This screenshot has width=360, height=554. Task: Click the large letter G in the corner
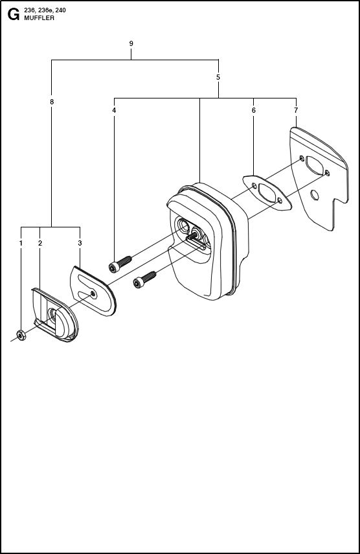[x=14, y=14]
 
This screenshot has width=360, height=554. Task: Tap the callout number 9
[x=131, y=44]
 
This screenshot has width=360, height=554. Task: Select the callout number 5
[x=218, y=77]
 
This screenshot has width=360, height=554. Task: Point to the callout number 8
[x=52, y=102]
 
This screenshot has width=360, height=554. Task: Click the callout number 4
[x=114, y=110]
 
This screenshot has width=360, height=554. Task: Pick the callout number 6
[x=253, y=110]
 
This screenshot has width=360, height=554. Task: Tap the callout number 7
[x=296, y=110]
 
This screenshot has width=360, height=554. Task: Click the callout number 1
[x=21, y=243]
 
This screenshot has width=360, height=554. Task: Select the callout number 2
[x=40, y=243]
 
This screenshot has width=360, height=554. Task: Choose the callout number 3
[x=80, y=243]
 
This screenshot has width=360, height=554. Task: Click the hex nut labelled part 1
[x=21, y=335]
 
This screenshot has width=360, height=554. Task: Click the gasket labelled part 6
[x=267, y=193]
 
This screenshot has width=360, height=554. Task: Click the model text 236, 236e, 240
[x=45, y=10]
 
